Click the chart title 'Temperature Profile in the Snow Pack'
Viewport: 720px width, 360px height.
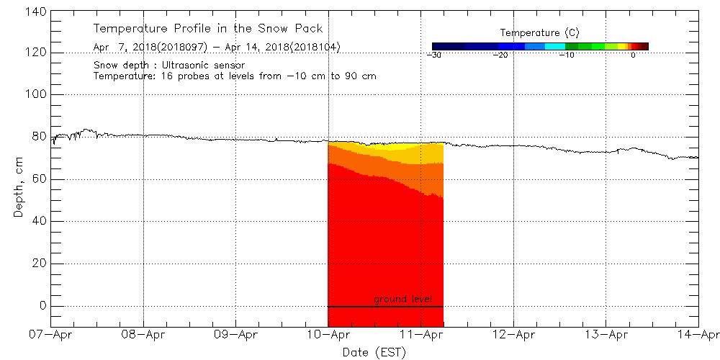pos(208,29)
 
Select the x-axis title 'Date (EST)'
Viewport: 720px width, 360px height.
pos(374,352)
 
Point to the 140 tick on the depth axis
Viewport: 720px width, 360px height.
pos(35,11)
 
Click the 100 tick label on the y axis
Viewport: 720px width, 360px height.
pos(35,94)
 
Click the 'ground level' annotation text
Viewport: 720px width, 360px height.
pos(403,300)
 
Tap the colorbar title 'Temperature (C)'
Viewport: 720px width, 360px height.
pos(539,33)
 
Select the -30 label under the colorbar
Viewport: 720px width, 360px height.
pos(433,55)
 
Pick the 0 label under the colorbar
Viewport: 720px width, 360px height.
pos(632,55)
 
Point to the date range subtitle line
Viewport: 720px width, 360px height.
pos(217,48)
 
